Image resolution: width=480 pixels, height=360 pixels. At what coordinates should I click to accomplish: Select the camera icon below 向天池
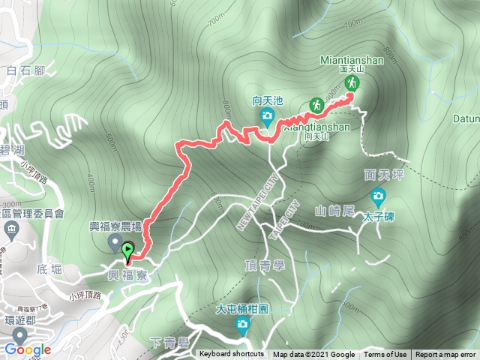point(266,115)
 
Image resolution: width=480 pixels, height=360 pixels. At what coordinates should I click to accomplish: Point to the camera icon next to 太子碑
point(378,198)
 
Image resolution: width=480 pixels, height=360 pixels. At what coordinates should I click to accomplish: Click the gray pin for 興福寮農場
point(115,241)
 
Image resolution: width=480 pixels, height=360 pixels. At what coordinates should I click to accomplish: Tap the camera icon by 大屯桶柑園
point(242,324)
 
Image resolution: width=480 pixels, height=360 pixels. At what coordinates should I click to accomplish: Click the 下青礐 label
point(166,343)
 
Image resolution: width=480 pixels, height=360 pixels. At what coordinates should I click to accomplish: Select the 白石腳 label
point(22,72)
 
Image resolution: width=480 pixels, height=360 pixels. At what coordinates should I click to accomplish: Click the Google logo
point(27,349)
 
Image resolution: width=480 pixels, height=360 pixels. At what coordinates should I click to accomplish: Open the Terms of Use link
point(385,355)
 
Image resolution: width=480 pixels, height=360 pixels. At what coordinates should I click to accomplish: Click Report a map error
point(446,355)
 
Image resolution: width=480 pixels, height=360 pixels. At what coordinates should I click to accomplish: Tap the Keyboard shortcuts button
point(232,355)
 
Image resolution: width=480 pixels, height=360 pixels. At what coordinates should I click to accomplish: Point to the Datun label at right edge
point(466,118)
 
